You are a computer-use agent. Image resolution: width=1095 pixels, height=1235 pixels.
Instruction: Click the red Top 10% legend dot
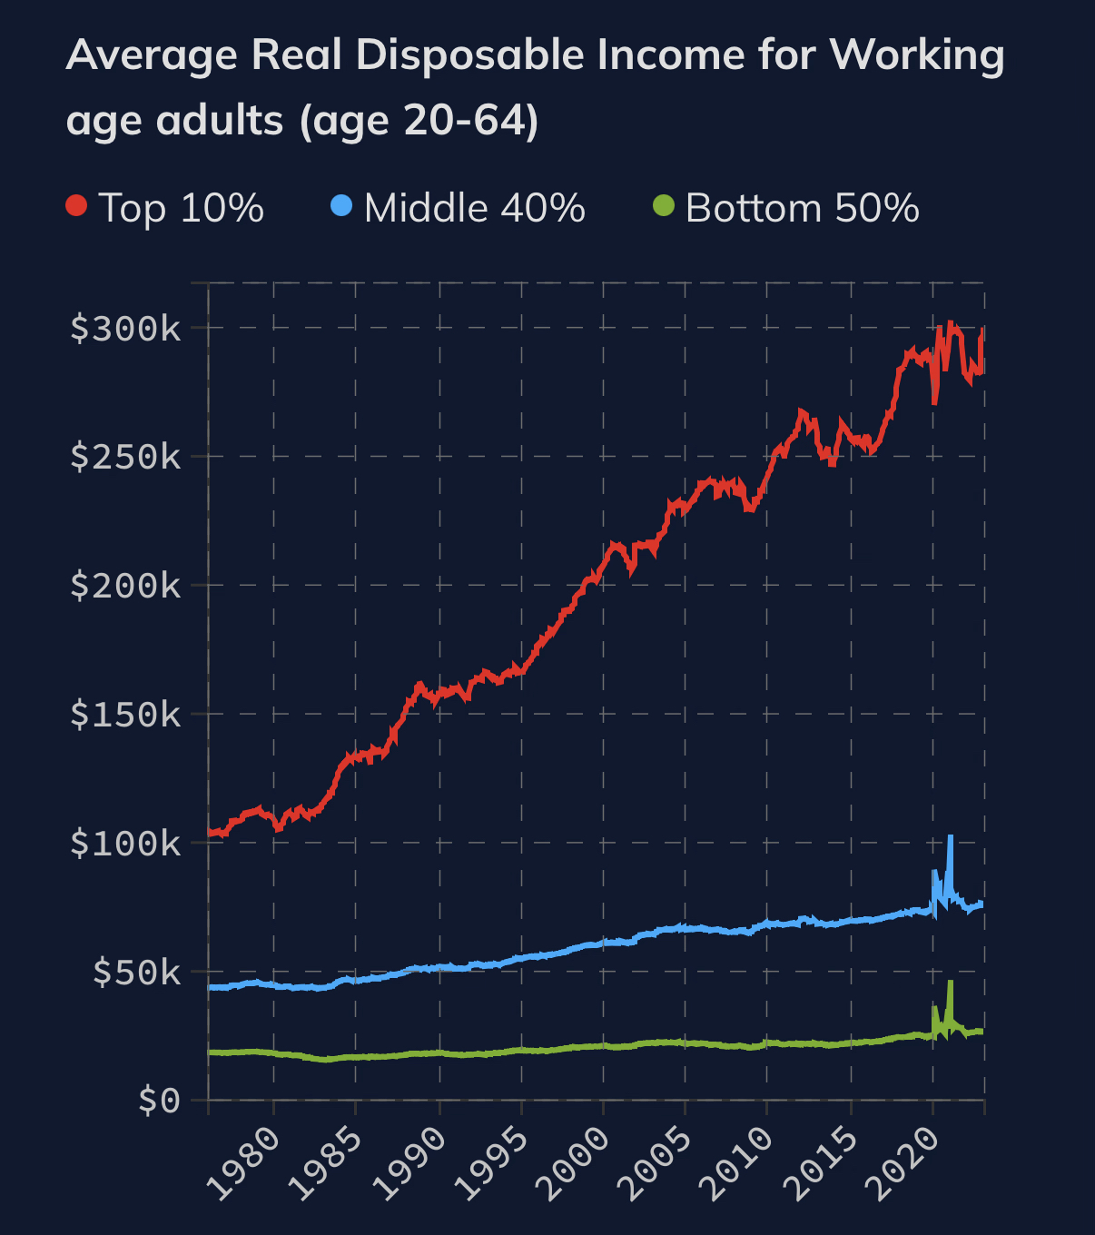[x=76, y=206]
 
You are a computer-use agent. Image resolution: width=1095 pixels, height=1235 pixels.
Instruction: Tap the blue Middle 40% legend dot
[x=341, y=206]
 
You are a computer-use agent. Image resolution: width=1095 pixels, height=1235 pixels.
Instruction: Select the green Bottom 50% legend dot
[x=664, y=206]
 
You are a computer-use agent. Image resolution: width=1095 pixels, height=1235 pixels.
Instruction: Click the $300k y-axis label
[x=126, y=329]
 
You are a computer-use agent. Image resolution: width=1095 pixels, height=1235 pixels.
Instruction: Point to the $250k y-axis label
[x=126, y=457]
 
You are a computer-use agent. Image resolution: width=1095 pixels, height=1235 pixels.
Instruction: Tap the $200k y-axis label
[x=126, y=586]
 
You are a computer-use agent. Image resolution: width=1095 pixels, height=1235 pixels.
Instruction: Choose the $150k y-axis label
[x=126, y=715]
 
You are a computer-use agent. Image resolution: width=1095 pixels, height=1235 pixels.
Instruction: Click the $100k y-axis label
[x=126, y=844]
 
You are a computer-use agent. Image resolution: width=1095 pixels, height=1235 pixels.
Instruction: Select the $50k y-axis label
[x=137, y=973]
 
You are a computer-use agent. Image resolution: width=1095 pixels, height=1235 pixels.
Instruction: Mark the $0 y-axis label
[x=160, y=1102]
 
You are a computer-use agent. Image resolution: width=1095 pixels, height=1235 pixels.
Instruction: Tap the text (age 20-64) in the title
[x=419, y=121]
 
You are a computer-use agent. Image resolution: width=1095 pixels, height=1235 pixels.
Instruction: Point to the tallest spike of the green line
[x=950, y=983]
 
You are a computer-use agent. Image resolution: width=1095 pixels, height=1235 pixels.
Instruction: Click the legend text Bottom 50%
[x=802, y=208]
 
